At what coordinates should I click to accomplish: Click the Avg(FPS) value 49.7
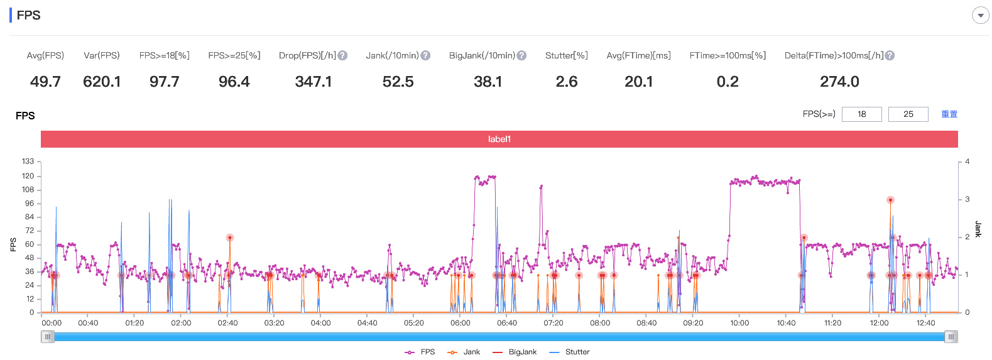45,82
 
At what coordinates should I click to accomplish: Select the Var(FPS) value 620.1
102,82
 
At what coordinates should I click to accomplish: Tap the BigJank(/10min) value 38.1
488,82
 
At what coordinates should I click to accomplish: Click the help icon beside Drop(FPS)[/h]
342,56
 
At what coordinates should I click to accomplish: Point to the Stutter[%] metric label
567,55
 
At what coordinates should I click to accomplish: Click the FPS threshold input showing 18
861,114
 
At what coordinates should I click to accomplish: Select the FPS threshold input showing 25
908,114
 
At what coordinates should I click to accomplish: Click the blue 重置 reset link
949,114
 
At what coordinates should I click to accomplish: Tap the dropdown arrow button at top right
981,16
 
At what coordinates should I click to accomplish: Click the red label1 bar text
499,139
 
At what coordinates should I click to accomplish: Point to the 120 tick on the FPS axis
28,176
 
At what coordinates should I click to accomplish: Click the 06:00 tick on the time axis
460,323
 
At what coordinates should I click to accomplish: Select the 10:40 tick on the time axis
786,323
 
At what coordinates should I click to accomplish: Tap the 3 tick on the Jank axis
967,199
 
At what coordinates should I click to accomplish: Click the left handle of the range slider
47,337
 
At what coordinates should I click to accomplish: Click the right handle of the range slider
951,337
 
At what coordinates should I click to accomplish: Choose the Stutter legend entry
570,352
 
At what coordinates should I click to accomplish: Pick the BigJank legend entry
515,352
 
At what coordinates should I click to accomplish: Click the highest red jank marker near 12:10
890,200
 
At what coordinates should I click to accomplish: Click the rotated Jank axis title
978,229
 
